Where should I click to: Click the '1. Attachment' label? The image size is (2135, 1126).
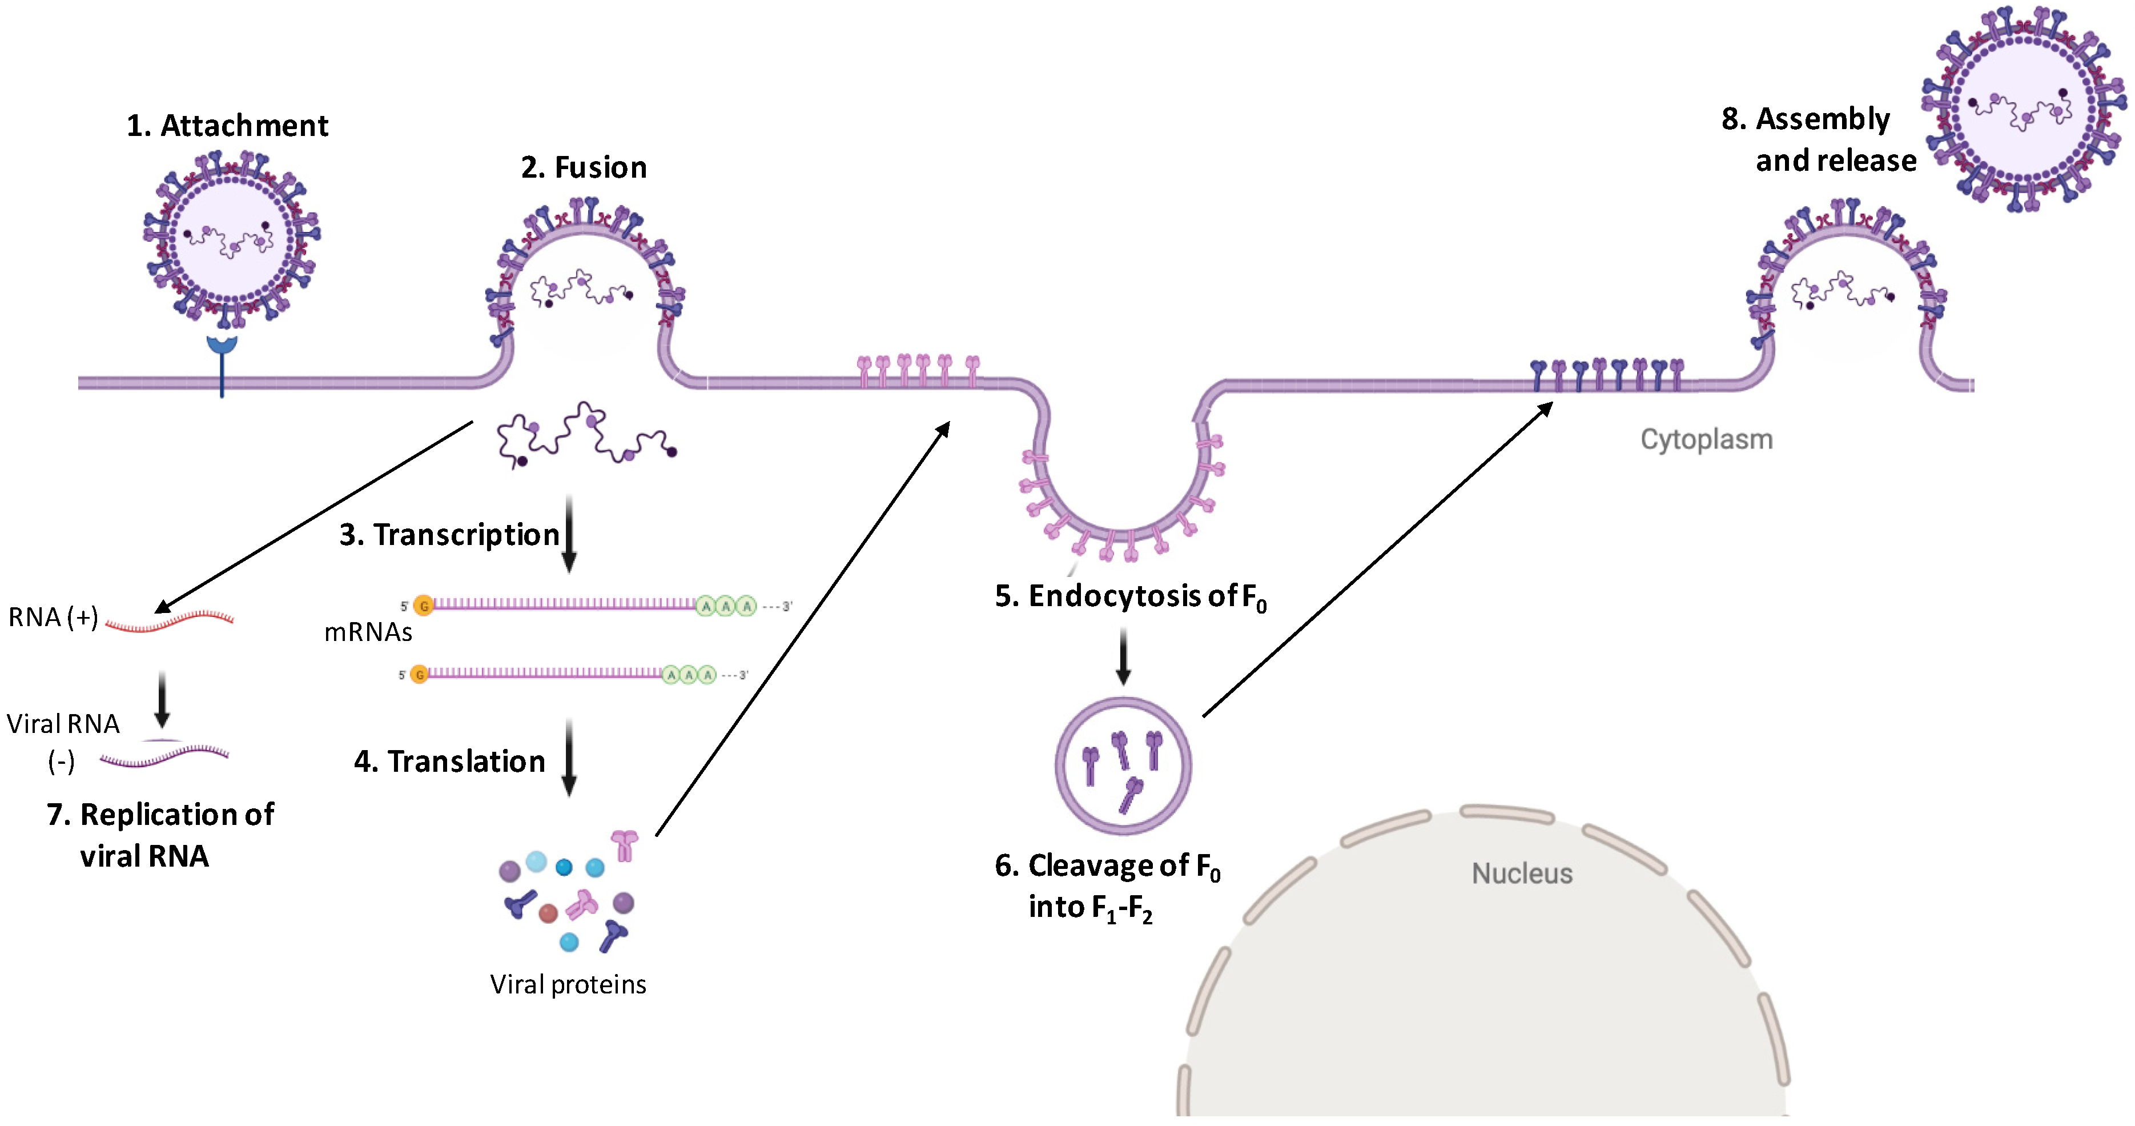tap(227, 125)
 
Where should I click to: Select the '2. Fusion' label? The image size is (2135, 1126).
tap(584, 167)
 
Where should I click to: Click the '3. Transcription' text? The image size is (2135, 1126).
tap(449, 535)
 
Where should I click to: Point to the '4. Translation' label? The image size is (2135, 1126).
tap(449, 761)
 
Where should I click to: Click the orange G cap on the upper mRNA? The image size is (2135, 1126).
tap(424, 606)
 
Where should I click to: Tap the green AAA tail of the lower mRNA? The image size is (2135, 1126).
tap(688, 675)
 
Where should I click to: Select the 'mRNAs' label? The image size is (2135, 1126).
tap(368, 632)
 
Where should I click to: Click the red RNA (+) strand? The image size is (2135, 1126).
tap(170, 621)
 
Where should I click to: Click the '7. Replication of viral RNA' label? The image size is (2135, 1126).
tap(159, 835)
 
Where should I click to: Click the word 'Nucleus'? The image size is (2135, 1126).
tap(1522, 873)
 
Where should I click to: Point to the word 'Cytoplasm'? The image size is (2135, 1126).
tap(1707, 439)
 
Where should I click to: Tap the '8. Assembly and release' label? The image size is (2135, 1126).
tap(1819, 139)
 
